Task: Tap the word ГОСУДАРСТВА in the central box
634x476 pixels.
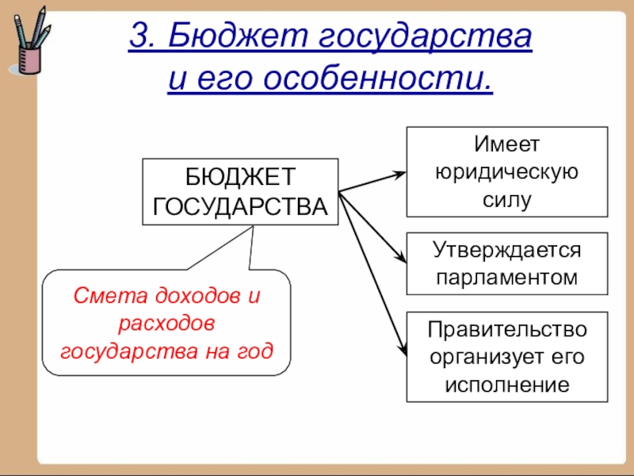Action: coord(239,206)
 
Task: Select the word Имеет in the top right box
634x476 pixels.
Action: coord(506,145)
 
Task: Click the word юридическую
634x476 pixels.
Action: coord(506,172)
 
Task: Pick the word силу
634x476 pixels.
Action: coord(506,199)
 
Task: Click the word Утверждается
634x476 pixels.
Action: coord(506,250)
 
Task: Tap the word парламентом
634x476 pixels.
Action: coord(506,278)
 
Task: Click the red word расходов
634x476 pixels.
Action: coord(166,323)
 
